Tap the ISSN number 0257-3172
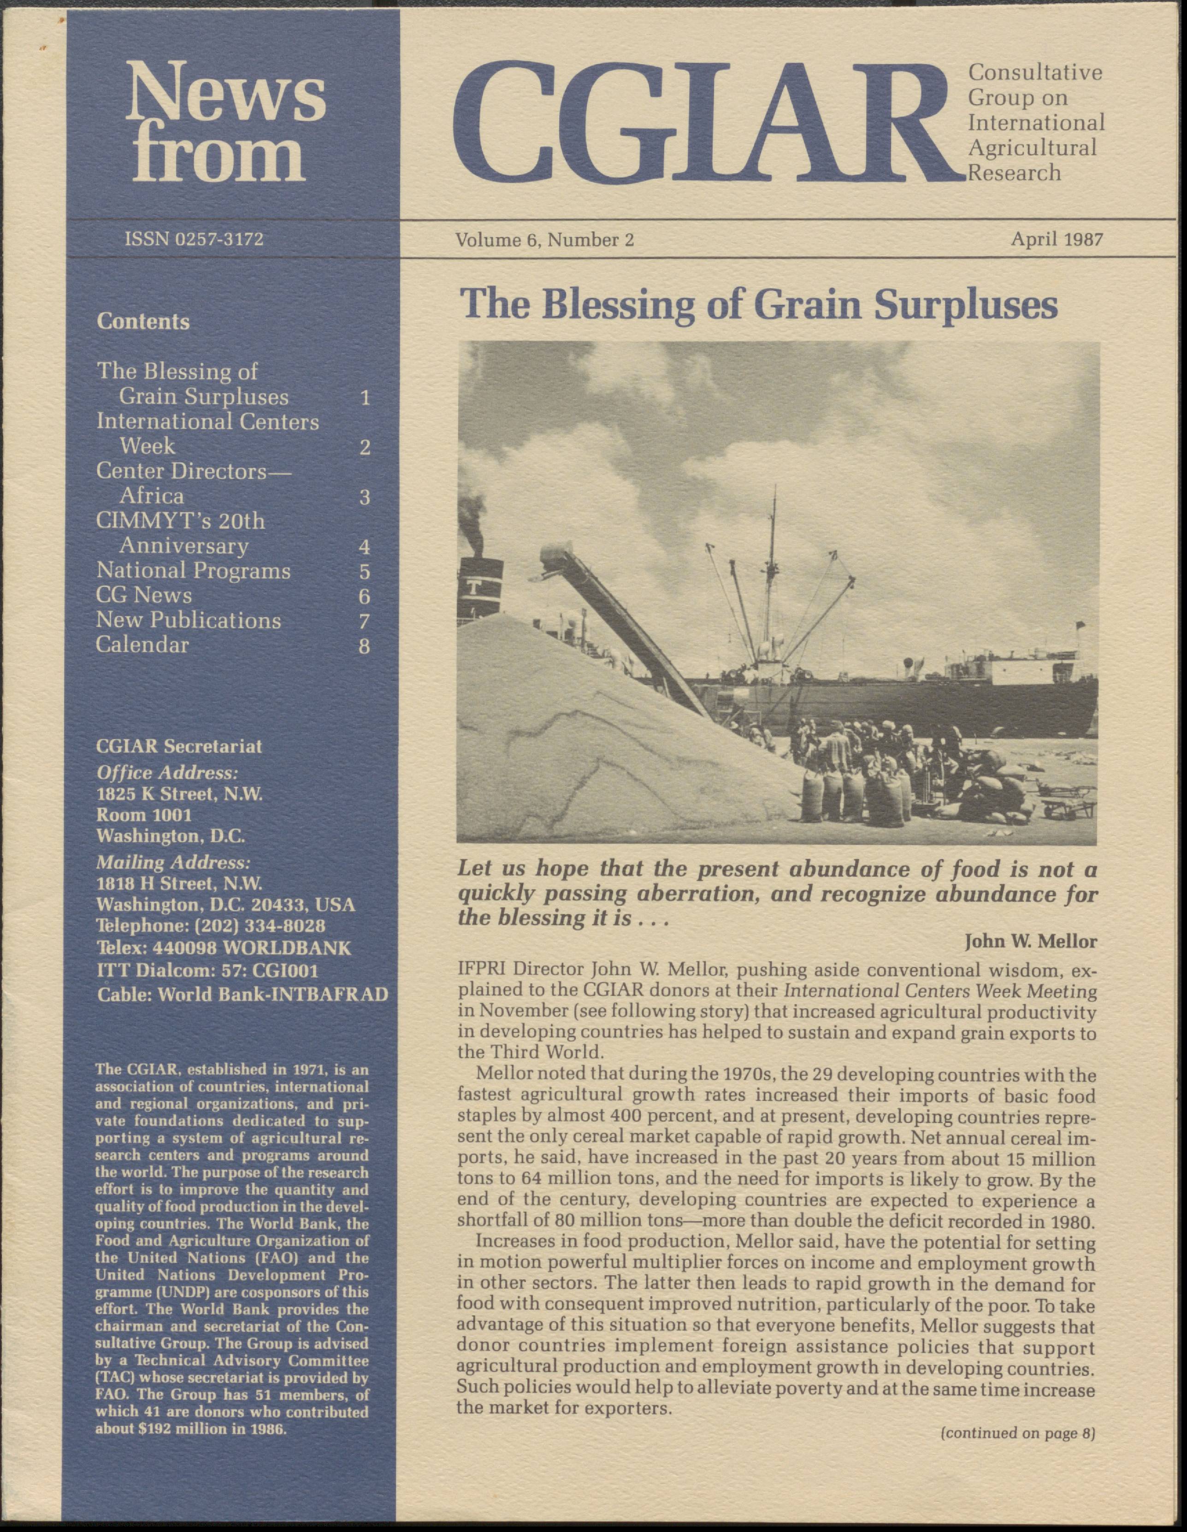pos(195,239)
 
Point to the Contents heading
pos(143,322)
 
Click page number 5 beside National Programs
pos(364,572)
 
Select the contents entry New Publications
pos(188,621)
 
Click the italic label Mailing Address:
pos(172,862)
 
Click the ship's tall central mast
pos(773,561)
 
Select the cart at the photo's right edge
pos(1066,803)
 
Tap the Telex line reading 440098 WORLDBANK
pos(223,948)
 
